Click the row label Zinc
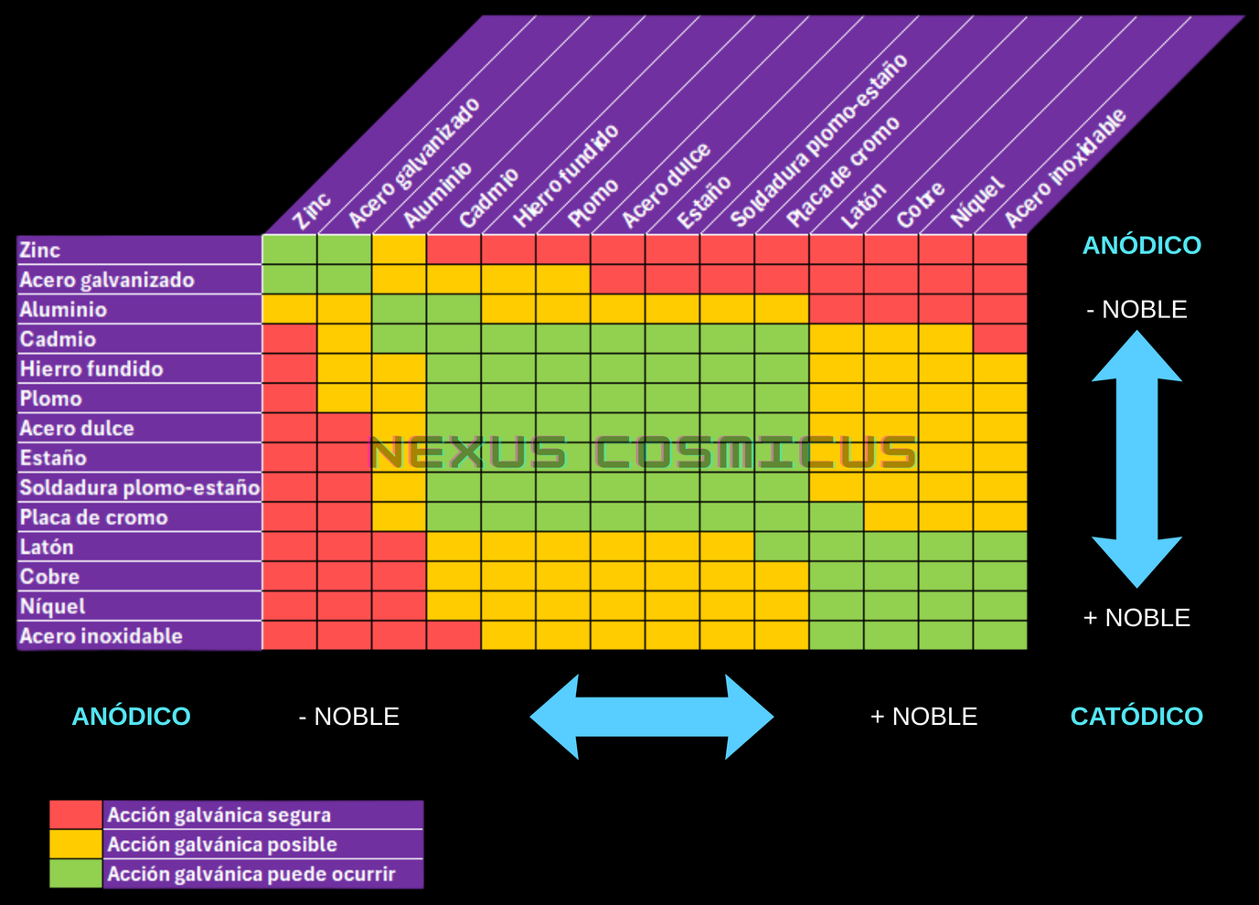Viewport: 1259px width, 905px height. tap(40, 250)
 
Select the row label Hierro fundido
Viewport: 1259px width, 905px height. tap(91, 368)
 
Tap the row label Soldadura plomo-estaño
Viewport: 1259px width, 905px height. tap(139, 487)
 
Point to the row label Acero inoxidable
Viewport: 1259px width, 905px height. tap(101, 635)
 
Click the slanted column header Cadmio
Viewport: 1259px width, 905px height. tap(488, 198)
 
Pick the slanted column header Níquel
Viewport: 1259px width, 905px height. tap(977, 202)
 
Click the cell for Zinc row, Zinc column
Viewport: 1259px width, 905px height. tap(290, 250)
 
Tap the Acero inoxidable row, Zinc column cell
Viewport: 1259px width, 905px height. tap(290, 635)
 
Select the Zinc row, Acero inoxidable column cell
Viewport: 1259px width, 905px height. tap(1000, 250)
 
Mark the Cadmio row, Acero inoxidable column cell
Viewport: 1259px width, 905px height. tap(1000, 339)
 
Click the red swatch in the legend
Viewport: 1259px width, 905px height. tap(76, 814)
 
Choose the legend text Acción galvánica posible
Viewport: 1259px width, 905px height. tap(222, 844)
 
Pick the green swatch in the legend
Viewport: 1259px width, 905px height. tap(76, 874)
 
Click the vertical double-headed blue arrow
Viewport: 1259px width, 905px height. tap(1136, 459)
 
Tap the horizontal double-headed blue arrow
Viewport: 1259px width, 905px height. tap(652, 717)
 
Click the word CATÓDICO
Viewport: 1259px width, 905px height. tap(1136, 716)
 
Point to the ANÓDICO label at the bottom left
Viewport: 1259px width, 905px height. tap(132, 716)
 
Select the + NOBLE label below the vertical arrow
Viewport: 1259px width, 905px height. tap(1136, 618)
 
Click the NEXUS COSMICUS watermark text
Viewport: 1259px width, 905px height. tap(643, 452)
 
